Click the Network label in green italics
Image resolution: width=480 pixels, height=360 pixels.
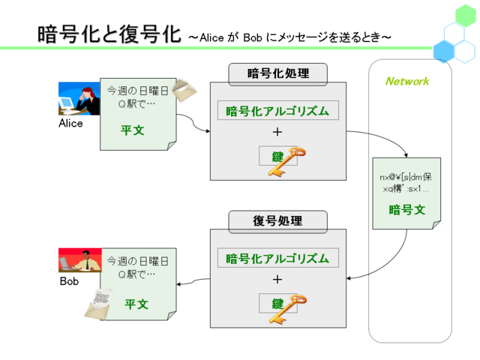(x=407, y=81)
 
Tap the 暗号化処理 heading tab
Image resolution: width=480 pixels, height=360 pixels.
(x=278, y=73)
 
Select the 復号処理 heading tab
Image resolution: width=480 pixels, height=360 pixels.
(x=278, y=220)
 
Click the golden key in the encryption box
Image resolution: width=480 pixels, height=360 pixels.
(x=286, y=161)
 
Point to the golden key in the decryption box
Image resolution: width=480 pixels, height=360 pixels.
(x=288, y=309)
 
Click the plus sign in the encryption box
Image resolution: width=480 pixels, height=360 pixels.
(x=277, y=132)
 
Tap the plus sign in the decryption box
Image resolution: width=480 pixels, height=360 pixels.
(x=277, y=279)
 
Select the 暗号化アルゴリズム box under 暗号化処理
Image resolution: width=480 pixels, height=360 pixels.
(x=278, y=110)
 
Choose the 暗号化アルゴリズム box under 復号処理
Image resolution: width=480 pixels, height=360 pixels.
(x=278, y=258)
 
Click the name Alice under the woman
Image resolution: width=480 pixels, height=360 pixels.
(x=70, y=123)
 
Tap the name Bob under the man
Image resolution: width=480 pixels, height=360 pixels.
(x=69, y=281)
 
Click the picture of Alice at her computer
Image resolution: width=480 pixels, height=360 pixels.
(x=79, y=98)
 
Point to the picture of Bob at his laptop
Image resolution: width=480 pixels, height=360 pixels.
(x=80, y=260)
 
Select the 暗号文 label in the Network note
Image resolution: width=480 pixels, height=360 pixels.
(x=407, y=210)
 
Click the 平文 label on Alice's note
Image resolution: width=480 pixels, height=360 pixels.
(x=133, y=130)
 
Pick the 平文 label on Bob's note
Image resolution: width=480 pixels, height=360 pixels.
(x=136, y=304)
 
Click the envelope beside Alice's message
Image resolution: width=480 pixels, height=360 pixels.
(x=184, y=90)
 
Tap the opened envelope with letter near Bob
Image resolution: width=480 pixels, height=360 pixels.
(x=98, y=304)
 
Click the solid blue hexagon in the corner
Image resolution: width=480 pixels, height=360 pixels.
(x=443, y=52)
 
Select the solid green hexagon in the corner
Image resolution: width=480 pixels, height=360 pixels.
(x=465, y=16)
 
